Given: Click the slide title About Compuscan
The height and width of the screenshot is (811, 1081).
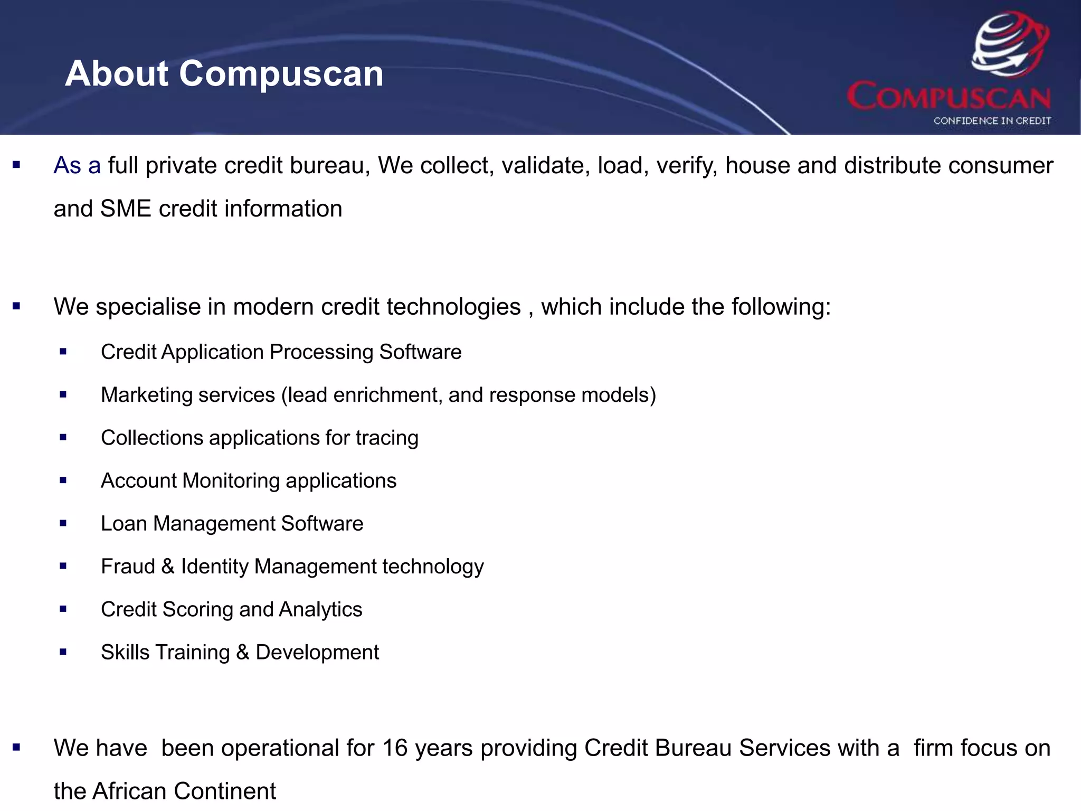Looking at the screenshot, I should pyautogui.click(x=224, y=73).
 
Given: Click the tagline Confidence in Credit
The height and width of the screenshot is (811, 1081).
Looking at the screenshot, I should pyautogui.click(x=992, y=121).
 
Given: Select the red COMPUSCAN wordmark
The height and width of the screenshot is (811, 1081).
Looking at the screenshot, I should pyautogui.click(x=949, y=97).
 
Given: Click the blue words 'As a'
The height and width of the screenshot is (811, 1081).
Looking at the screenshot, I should pyautogui.click(x=77, y=166).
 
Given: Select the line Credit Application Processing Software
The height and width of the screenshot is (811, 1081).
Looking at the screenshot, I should pyautogui.click(x=281, y=352).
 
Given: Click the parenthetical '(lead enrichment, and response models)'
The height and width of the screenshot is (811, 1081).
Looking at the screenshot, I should pyautogui.click(x=469, y=395).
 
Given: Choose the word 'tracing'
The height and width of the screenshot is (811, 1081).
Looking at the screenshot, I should pyautogui.click(x=387, y=438).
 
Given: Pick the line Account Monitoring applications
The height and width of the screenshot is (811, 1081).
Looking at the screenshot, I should pyautogui.click(x=249, y=481).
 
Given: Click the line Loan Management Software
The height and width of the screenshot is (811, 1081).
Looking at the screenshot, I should pyautogui.click(x=232, y=524).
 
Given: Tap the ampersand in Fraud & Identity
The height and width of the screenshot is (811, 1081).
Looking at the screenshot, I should pyautogui.click(x=168, y=567).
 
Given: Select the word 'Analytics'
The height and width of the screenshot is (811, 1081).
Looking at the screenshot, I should pyautogui.click(x=320, y=610).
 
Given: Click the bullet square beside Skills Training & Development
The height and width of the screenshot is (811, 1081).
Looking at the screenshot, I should pyautogui.click(x=63, y=652).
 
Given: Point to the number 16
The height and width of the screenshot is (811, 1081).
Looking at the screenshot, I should pyautogui.click(x=395, y=749).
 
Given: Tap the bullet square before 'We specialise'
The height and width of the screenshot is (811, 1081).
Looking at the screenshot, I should pyautogui.click(x=16, y=306).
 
